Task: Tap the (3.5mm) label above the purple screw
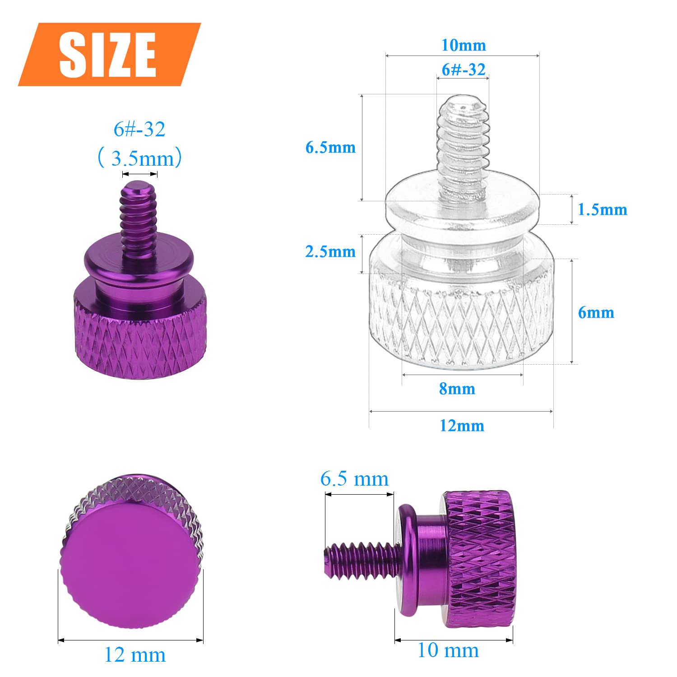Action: [x=140, y=158]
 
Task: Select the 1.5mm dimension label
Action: [x=602, y=209]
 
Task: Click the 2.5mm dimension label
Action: [x=330, y=251]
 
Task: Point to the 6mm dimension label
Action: [x=596, y=312]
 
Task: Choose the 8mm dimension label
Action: [x=457, y=389]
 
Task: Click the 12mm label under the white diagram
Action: [x=462, y=426]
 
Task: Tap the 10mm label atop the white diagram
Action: [x=464, y=45]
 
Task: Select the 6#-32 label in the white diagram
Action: [x=464, y=70]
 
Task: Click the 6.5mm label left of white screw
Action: [x=330, y=147]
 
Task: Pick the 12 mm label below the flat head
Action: [x=135, y=654]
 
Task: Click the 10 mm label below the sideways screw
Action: [x=448, y=650]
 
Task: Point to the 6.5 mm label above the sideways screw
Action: [x=354, y=479]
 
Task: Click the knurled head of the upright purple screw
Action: [x=140, y=343]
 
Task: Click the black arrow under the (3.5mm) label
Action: [x=139, y=175]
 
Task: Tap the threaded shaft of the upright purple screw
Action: [x=139, y=217]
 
